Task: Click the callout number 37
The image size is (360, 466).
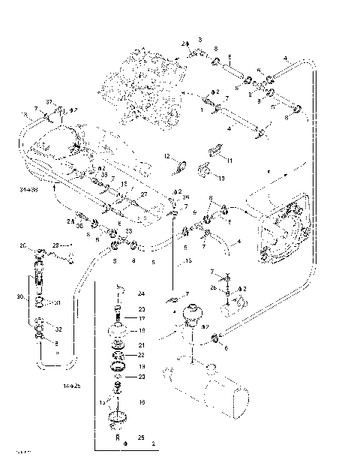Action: point(49,102)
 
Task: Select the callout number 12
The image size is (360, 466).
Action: point(169,155)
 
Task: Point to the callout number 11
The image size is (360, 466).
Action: point(229,161)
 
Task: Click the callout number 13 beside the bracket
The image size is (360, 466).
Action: point(220,179)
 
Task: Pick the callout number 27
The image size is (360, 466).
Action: point(144,194)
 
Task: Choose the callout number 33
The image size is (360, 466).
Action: point(128,231)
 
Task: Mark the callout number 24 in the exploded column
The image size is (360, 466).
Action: point(140,293)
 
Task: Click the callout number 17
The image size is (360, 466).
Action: point(140,318)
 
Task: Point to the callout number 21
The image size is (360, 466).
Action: point(140,344)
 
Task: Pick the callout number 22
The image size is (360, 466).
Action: point(140,355)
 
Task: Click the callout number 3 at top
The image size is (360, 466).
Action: point(200,38)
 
